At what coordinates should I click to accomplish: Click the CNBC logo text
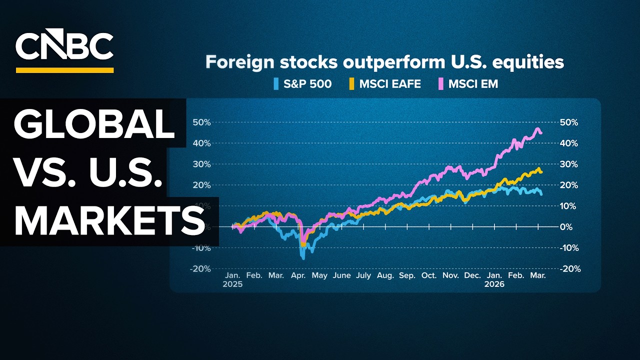tap(64, 46)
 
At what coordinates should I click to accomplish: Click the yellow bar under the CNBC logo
tap(64, 70)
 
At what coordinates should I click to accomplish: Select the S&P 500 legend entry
tap(302, 84)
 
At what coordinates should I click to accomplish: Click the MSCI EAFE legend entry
tap(385, 84)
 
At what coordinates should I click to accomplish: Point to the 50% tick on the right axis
tap(568, 122)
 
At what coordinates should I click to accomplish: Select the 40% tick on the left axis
tap(201, 143)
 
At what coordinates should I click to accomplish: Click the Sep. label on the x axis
tap(407, 275)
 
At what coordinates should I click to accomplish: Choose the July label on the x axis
tap(364, 275)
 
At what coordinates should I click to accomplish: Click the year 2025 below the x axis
tap(233, 284)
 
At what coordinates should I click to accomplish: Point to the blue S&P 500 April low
tap(303, 258)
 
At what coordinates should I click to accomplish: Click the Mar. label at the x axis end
tap(538, 275)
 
